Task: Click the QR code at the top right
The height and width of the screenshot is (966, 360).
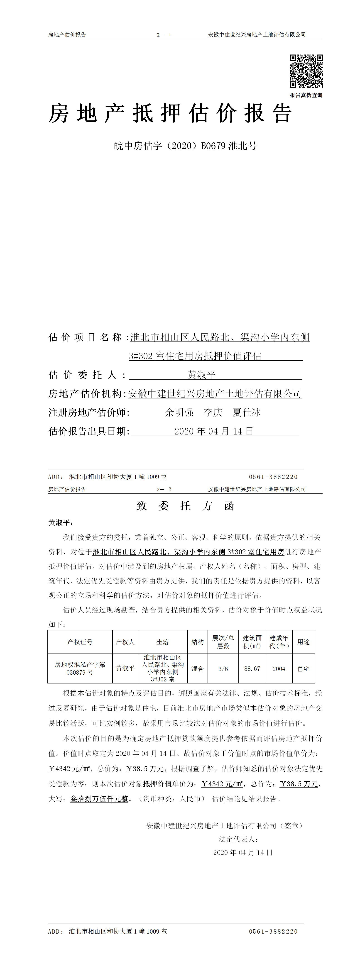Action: pos(306,71)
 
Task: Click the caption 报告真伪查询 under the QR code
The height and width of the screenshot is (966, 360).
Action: pos(306,95)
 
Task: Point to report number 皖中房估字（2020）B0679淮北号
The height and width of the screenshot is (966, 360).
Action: pos(185,146)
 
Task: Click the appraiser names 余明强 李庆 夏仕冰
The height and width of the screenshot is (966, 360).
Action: pos(213,412)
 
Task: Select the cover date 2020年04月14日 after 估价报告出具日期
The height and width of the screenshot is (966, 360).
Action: pos(214,431)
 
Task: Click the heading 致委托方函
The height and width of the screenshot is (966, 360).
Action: pos(185,506)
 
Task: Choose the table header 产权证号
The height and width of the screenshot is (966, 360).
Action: pos(80,642)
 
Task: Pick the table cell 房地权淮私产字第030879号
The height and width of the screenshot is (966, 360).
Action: pos(80,668)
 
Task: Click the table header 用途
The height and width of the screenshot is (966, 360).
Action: pos(303,642)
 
